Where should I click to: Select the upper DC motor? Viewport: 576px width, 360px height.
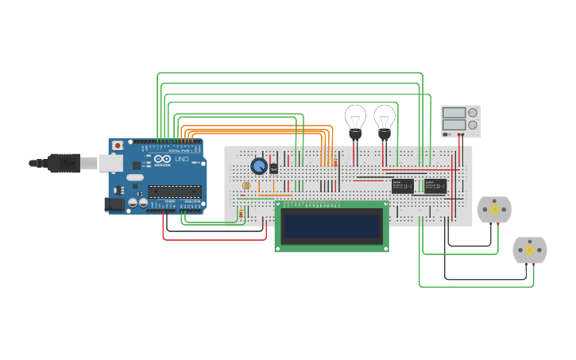click(x=493, y=210)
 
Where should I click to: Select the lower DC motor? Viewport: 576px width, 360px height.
click(x=529, y=250)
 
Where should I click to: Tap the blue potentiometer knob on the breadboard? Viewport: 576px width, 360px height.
click(x=259, y=166)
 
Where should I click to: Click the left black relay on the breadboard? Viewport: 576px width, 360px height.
click(x=402, y=186)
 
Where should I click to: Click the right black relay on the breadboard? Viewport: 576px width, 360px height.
click(x=435, y=186)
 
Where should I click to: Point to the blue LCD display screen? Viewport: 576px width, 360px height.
click(x=331, y=226)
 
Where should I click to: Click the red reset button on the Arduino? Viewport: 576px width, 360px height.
click(x=118, y=145)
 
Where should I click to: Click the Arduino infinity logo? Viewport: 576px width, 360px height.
click(x=163, y=160)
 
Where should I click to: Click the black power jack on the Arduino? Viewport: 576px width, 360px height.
click(x=115, y=204)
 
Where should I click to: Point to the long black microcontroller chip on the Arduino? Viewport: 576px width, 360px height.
click(x=174, y=190)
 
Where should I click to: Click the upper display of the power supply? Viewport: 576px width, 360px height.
click(x=454, y=113)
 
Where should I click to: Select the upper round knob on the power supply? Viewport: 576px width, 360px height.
click(x=473, y=113)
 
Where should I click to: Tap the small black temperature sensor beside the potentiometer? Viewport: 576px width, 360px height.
click(x=274, y=168)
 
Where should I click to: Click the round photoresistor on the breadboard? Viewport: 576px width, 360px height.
click(x=245, y=185)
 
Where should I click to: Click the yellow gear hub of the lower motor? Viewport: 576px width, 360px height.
click(x=529, y=250)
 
